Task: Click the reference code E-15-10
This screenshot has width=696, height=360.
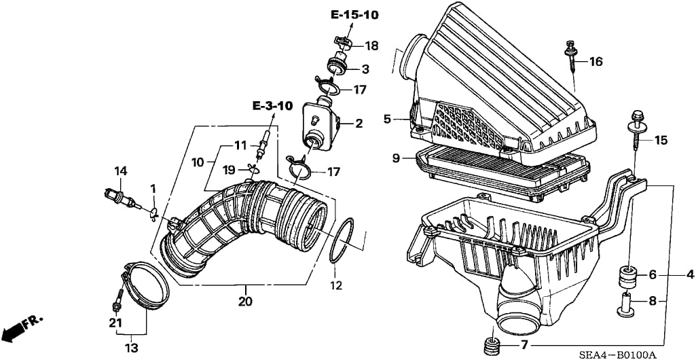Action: pyautogui.click(x=354, y=14)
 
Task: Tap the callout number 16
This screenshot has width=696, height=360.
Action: pyautogui.click(x=596, y=62)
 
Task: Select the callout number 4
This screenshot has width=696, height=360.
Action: pyautogui.click(x=690, y=275)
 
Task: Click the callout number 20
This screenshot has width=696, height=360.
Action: pyautogui.click(x=244, y=301)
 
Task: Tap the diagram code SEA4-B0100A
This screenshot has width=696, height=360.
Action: pyautogui.click(x=621, y=354)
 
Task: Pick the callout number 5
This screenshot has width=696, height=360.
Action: pyautogui.click(x=386, y=119)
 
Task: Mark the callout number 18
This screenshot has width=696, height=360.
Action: pyautogui.click(x=371, y=46)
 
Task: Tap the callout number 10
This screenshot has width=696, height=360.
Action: pyautogui.click(x=197, y=163)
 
